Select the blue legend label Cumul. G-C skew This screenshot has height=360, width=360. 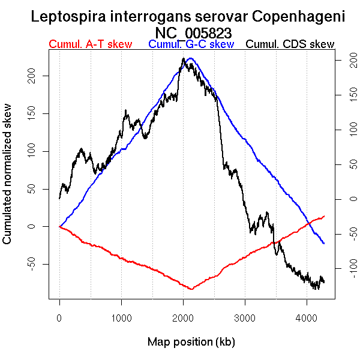click(191, 44)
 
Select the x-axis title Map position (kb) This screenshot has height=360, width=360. click(191, 342)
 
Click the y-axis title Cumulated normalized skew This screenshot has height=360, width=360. click(8, 173)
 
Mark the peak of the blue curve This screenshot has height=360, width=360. click(191, 58)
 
